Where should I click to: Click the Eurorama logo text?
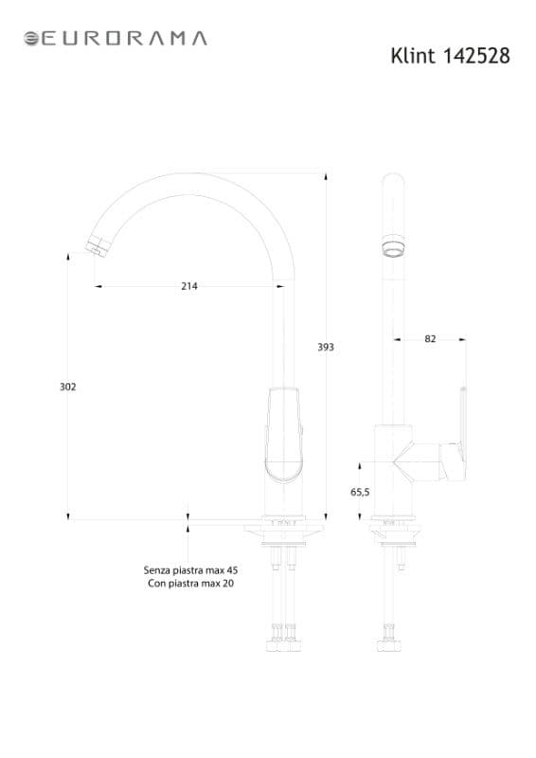click(x=124, y=38)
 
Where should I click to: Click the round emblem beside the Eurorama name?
click(x=31, y=39)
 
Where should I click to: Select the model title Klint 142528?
click(x=450, y=56)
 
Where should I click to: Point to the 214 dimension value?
click(x=189, y=286)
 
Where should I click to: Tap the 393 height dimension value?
click(x=326, y=347)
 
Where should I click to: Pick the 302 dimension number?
click(x=67, y=387)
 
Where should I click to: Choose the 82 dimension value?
click(x=430, y=339)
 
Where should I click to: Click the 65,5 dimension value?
click(x=360, y=492)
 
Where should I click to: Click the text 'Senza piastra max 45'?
click(x=190, y=570)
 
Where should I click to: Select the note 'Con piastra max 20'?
click(x=191, y=584)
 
